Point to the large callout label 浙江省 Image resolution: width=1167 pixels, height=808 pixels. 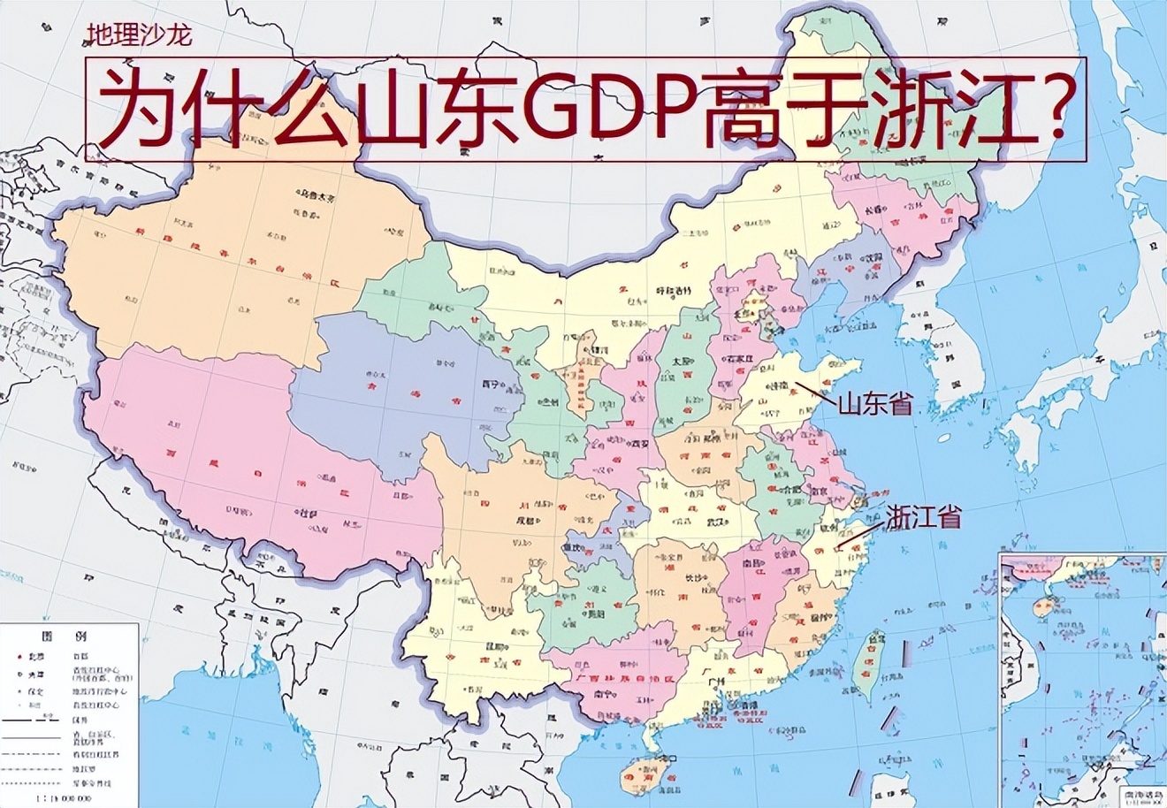click(924, 517)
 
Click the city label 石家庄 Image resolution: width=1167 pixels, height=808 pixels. click(741, 383)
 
